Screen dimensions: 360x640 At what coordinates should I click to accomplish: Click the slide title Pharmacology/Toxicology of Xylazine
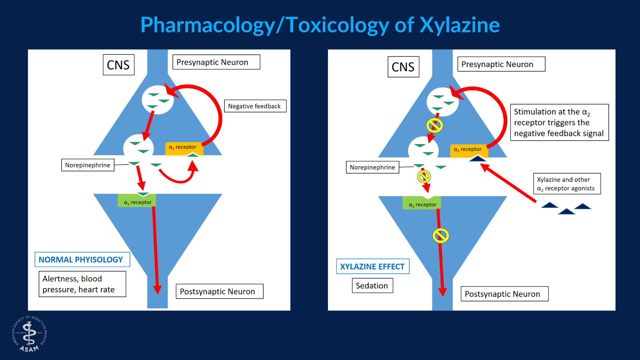coord(320,25)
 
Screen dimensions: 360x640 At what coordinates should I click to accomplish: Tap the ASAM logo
coord(29,334)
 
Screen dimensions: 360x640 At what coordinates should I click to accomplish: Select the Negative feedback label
coord(255,106)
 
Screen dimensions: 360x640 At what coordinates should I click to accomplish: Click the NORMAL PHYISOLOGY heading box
coord(82,260)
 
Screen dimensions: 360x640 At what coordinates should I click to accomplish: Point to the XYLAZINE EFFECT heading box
coord(372,266)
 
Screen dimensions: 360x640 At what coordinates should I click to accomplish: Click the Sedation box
coord(372,286)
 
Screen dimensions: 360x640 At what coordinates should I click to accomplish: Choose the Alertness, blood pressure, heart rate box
coord(82,284)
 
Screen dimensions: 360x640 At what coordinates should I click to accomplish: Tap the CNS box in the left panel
coord(118,65)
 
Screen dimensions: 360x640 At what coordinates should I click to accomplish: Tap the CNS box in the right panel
coord(403,67)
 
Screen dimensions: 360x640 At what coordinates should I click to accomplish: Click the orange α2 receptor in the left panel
coord(184,148)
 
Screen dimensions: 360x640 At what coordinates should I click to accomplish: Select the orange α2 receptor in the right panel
coord(468,150)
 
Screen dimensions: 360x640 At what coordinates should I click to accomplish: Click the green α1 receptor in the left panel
coord(137,201)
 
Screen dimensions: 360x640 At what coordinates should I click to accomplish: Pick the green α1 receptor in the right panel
coord(422,204)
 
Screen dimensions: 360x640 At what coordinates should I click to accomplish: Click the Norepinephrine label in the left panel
coord(88,165)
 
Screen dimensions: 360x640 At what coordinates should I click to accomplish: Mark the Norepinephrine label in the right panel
coord(372,167)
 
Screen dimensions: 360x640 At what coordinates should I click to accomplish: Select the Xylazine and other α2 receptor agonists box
coord(567,184)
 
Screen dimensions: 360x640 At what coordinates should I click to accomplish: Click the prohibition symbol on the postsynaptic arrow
coord(440,236)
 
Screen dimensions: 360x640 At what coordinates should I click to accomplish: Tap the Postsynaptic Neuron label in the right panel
coord(504,294)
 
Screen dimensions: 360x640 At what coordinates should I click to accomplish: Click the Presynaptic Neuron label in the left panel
coord(216,62)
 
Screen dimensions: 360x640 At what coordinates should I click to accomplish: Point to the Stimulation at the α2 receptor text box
coord(559,122)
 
